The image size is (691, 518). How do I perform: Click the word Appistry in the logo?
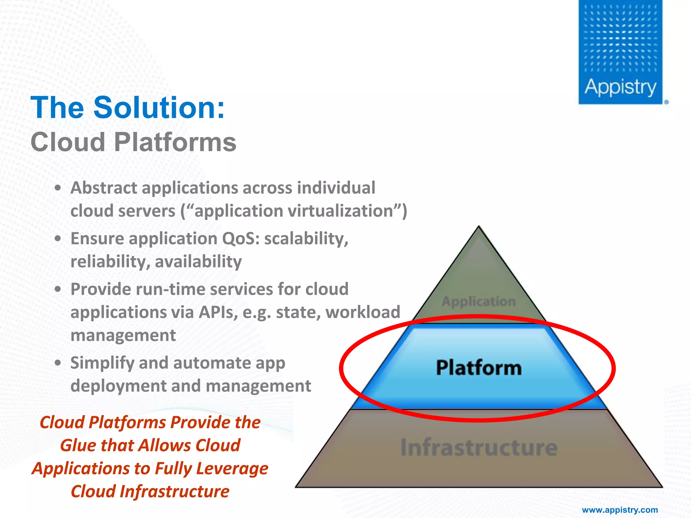620,87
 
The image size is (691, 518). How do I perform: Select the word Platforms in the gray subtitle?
175,142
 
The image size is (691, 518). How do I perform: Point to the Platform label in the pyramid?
478,368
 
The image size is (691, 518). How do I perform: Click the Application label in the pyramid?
478,301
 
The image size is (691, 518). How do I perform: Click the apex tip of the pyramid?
478,227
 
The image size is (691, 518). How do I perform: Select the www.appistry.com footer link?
620,510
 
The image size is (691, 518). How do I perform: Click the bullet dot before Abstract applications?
58,188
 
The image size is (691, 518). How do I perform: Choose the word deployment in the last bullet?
118,386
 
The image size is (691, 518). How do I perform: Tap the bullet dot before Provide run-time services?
58,289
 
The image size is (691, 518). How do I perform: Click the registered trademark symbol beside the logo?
666,102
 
